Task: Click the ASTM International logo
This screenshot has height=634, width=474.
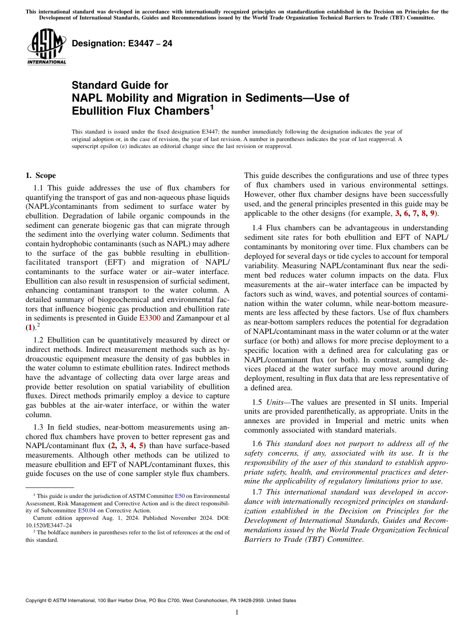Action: [x=46, y=47]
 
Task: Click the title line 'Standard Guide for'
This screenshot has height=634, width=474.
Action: [x=120, y=85]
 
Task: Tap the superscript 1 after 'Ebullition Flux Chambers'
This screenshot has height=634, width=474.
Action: [x=212, y=106]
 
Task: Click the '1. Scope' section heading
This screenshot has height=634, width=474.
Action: [x=40, y=175]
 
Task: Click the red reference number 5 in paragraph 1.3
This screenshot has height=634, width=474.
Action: [x=141, y=446]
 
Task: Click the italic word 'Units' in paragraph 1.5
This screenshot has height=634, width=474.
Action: [x=275, y=402]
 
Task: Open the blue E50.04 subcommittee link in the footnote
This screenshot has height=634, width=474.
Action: [x=87, y=510]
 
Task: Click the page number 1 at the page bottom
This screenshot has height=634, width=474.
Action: [x=237, y=613]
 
